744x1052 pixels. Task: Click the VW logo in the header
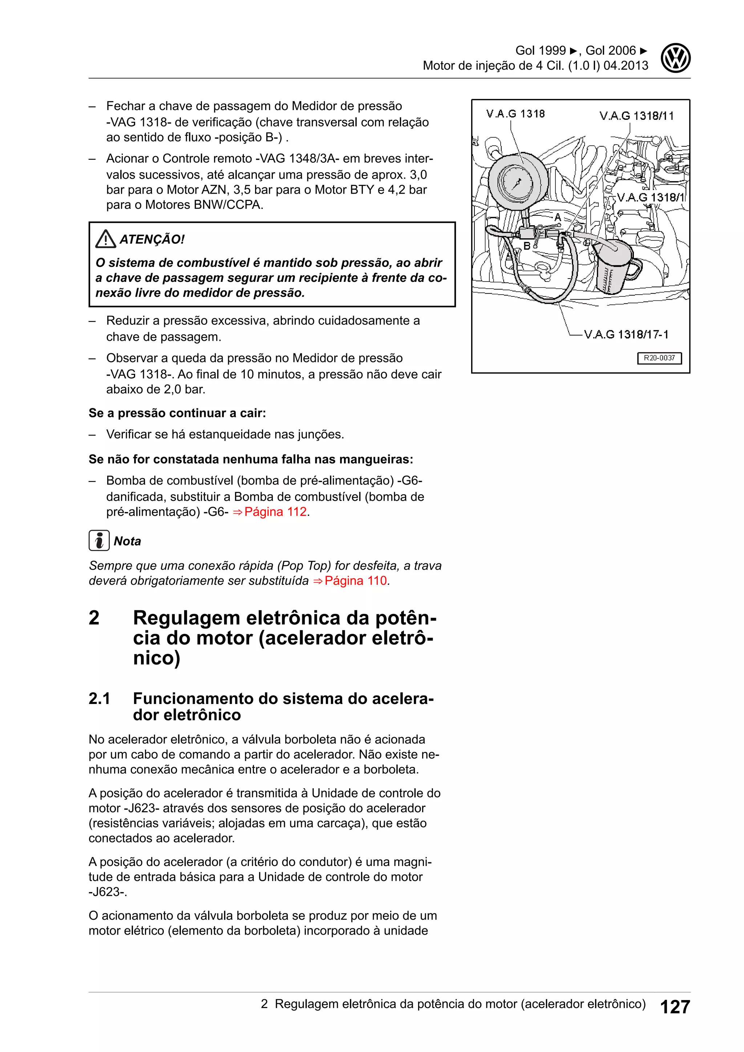[x=675, y=58]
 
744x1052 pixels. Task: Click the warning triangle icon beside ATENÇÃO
[x=106, y=239]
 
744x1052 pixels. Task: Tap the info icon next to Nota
[x=99, y=541]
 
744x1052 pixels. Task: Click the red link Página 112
[x=275, y=512]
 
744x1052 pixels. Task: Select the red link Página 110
[x=356, y=580]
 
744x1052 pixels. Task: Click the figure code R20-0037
[x=659, y=358]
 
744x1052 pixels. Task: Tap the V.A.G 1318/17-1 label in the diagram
[x=626, y=335]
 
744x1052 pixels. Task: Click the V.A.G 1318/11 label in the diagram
[x=636, y=116]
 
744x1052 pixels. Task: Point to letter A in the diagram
[x=558, y=217]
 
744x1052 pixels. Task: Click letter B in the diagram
[x=527, y=246]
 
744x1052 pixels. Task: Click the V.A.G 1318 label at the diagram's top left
[x=515, y=114]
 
